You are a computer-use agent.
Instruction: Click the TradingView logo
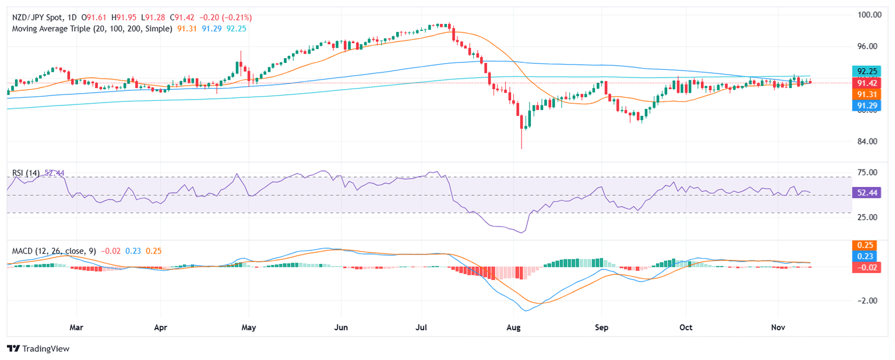38,348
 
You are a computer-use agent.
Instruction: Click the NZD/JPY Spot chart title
38,17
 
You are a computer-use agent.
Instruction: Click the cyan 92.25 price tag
865,71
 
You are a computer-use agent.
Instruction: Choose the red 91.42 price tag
865,83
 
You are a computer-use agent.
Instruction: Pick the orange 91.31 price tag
865,94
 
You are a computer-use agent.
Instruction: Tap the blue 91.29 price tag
865,105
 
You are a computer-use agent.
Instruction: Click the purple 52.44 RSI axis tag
865,192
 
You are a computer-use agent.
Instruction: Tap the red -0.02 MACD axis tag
865,267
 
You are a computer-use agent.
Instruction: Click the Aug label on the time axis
513,328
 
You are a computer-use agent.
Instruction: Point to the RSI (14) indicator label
26,173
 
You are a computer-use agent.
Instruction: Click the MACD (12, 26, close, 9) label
54,250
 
